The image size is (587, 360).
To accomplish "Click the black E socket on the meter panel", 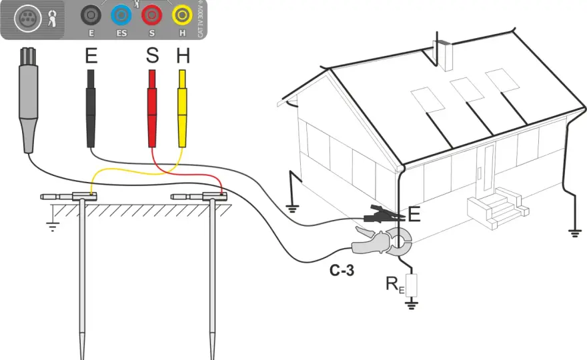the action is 91,15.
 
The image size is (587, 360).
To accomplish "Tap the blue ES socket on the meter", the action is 121,15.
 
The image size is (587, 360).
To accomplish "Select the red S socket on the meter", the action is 151,15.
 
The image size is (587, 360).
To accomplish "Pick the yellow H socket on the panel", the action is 182,15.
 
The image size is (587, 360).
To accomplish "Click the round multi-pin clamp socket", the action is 28,19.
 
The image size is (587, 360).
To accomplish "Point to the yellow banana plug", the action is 182,109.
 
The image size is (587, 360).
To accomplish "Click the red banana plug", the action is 152,109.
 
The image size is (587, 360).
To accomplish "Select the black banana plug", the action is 91,109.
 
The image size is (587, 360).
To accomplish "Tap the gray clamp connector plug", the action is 28,100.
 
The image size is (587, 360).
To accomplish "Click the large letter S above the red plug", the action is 152,55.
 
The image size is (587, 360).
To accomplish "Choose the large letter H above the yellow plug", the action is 183,55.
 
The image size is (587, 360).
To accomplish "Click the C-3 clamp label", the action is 342,270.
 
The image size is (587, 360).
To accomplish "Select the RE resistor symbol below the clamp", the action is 412,285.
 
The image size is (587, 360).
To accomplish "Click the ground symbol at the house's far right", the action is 574,233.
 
